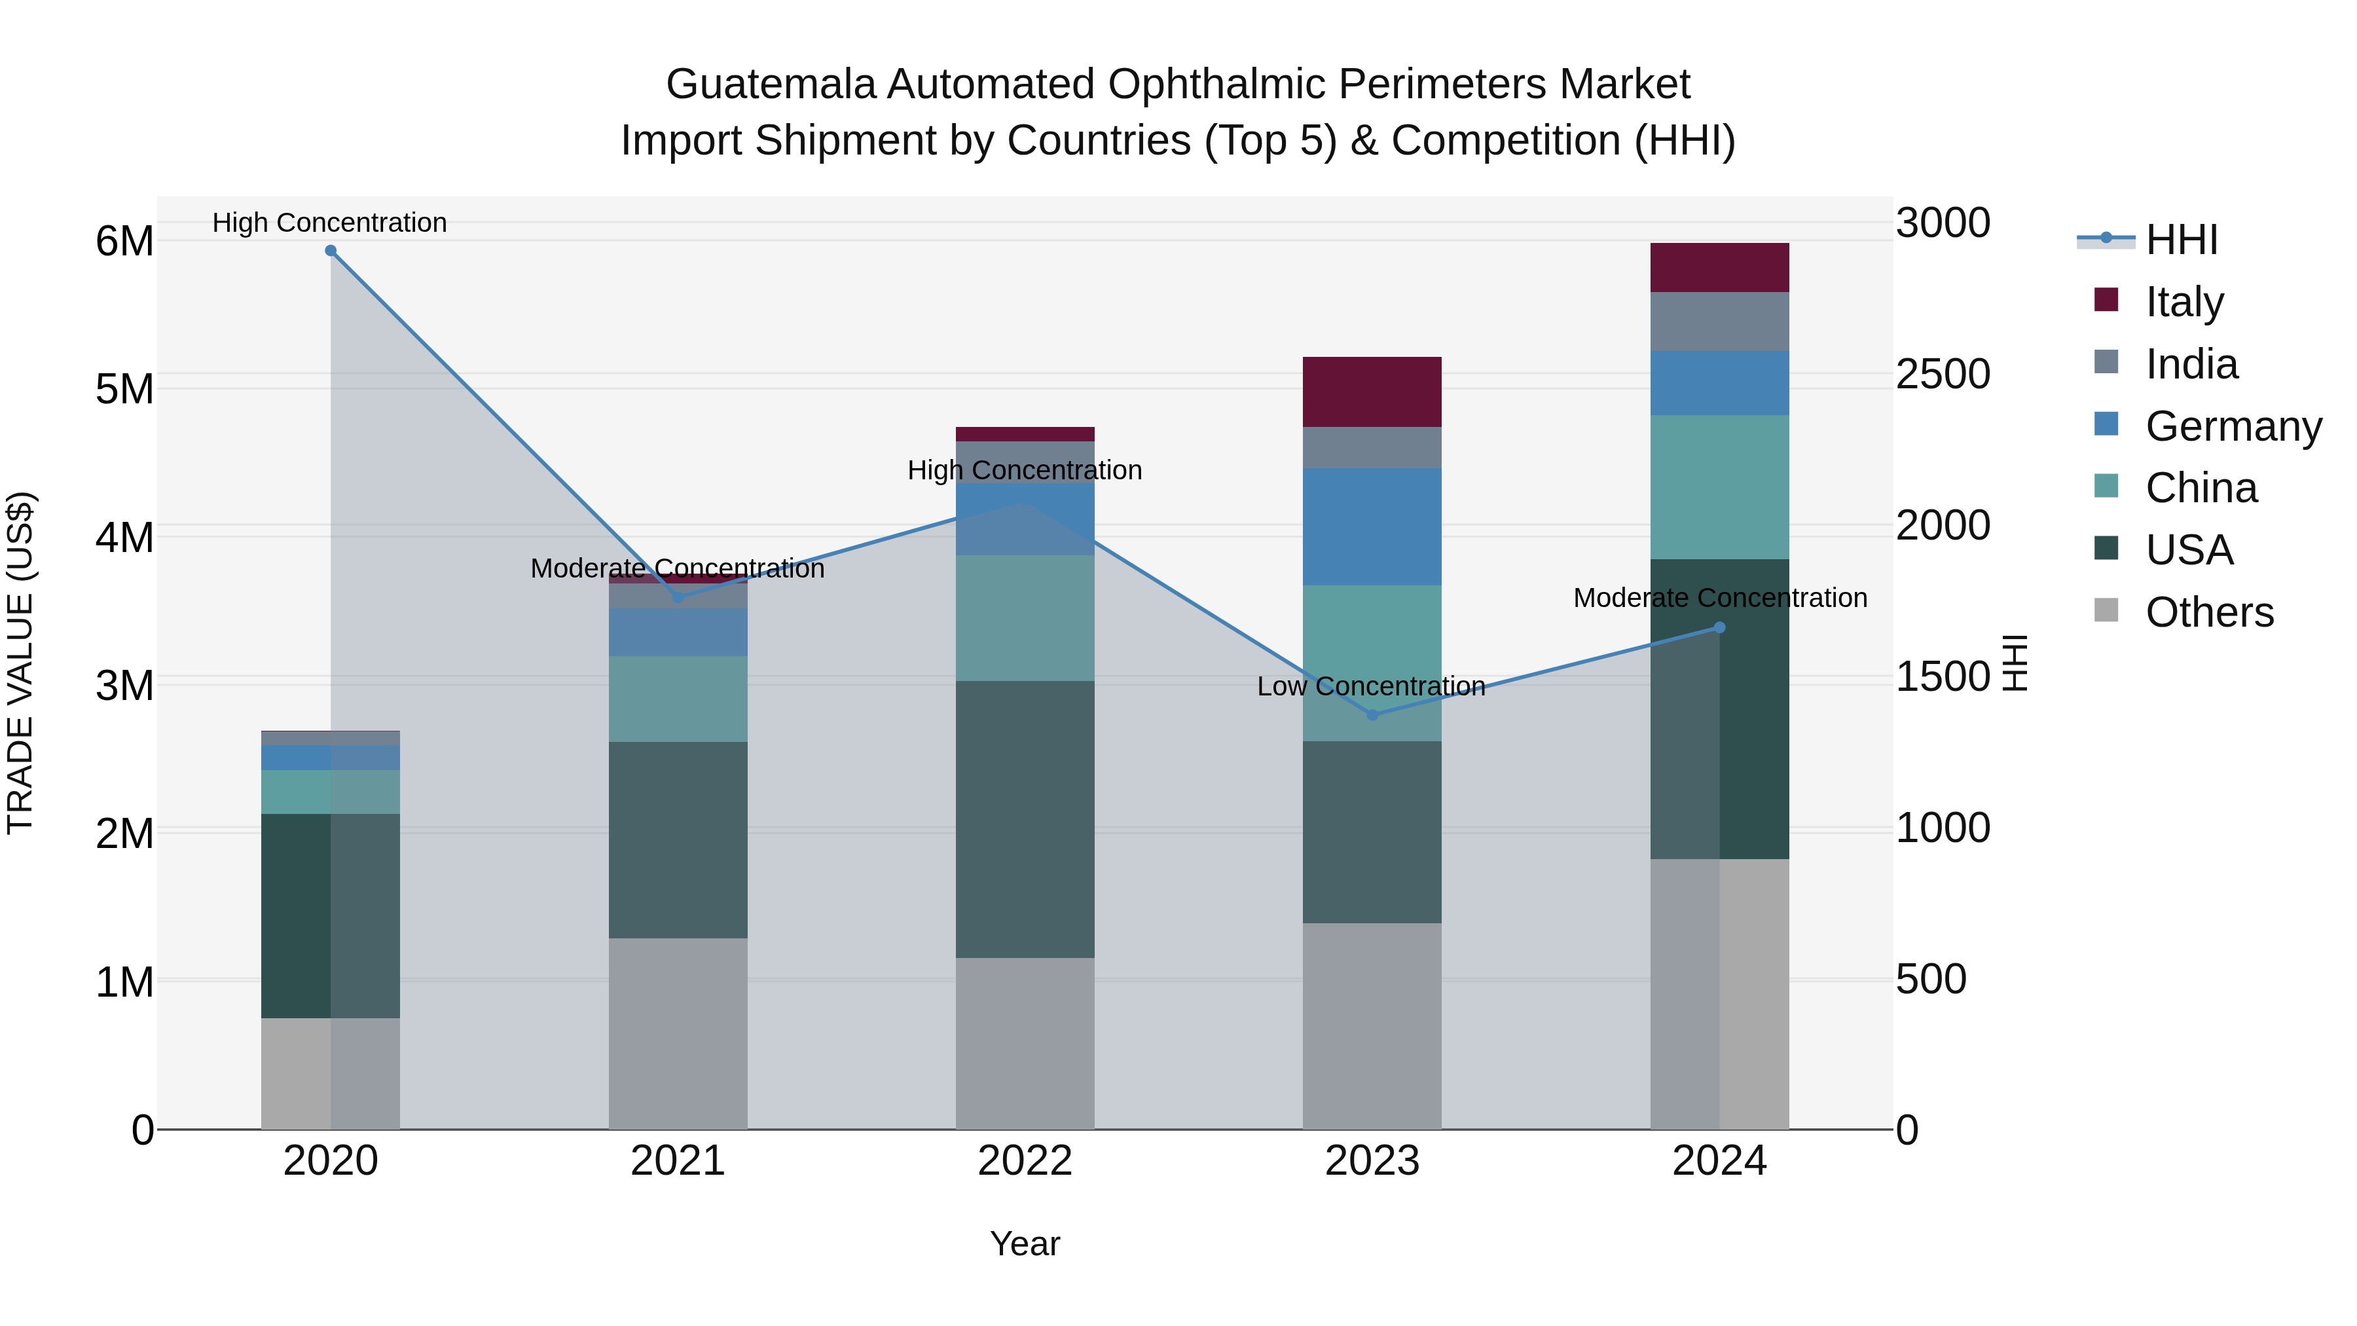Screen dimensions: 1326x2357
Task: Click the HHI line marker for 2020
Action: pos(331,251)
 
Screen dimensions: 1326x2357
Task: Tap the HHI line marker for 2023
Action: pos(1372,714)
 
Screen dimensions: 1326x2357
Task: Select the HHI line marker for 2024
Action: pos(1719,628)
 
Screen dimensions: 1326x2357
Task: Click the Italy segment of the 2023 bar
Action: pos(1372,392)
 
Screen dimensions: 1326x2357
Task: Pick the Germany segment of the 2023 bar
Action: pos(1372,527)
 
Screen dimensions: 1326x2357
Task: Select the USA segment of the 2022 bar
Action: pos(1025,819)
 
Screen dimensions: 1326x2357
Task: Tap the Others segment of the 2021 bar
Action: pos(678,1033)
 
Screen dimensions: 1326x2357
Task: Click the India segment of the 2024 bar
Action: pos(1719,322)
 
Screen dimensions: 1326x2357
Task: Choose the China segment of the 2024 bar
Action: pos(1719,487)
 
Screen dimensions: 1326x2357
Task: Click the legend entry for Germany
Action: pos(2233,426)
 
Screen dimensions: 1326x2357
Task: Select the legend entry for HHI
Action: pos(2182,240)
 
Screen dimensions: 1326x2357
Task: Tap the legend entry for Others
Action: pos(2209,612)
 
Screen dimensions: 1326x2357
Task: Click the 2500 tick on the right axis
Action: pos(1943,375)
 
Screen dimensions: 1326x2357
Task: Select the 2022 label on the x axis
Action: pos(1025,1161)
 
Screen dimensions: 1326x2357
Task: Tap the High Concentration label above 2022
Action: pos(1025,470)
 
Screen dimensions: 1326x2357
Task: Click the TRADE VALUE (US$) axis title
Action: pos(21,663)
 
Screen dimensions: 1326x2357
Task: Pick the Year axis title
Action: pos(1025,1243)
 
